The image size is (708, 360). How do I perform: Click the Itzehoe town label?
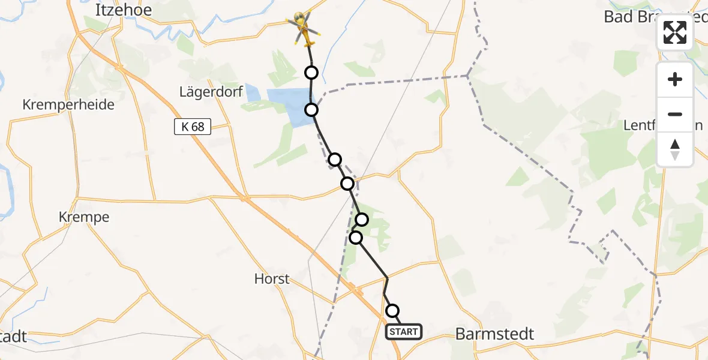click(124, 10)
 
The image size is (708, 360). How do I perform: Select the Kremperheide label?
click(68, 104)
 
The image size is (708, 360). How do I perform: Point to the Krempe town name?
click(84, 217)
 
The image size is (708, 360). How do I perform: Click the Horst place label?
click(272, 278)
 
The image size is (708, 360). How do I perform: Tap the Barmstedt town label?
click(494, 334)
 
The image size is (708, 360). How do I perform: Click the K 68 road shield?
click(193, 127)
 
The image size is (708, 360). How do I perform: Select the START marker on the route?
click(403, 331)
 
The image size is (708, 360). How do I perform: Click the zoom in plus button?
click(675, 80)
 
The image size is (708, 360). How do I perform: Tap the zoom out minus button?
click(675, 114)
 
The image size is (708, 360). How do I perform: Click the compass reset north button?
click(675, 149)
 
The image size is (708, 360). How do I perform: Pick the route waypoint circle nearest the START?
click(392, 311)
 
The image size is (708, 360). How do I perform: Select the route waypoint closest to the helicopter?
click(311, 73)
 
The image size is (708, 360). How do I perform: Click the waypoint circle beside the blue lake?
click(311, 110)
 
